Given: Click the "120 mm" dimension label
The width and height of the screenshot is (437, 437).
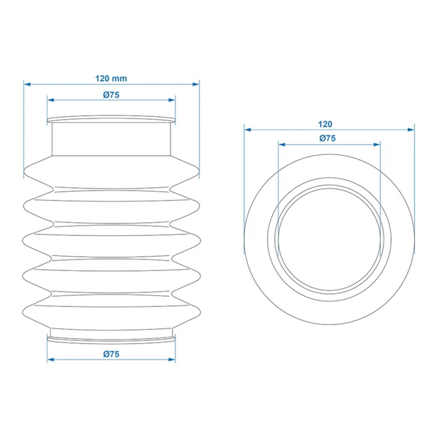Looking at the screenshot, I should (x=111, y=78).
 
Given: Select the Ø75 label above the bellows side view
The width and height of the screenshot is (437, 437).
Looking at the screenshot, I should (x=111, y=95).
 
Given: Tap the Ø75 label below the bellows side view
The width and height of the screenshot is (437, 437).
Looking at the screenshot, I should (x=111, y=354).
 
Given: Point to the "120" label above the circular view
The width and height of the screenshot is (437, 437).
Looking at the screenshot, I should (x=325, y=124).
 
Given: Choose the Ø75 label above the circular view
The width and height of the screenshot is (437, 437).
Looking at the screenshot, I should (x=327, y=138).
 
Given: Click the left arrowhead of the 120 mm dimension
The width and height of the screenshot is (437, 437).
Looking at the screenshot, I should (x=27, y=84).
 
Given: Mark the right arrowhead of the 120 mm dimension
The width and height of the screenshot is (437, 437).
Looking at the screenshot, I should (x=196, y=84).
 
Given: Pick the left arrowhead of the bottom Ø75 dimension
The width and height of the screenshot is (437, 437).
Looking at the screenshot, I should (x=50, y=360).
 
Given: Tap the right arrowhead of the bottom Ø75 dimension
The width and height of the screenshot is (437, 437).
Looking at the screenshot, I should (x=172, y=360).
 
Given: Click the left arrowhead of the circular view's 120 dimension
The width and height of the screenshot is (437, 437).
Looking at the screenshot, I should (x=248, y=129).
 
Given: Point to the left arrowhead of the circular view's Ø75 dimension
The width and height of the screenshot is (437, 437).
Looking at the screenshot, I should (x=281, y=145).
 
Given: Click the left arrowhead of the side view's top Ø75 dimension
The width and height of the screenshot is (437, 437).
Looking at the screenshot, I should (x=50, y=100).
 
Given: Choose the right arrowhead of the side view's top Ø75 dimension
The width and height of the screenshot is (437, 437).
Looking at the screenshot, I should (x=172, y=100).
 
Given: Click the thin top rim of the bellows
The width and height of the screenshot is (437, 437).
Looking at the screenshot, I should (x=111, y=119).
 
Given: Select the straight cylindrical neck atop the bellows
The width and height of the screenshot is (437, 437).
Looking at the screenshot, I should (x=111, y=139).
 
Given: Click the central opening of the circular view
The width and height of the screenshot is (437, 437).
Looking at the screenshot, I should (x=329, y=239).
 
